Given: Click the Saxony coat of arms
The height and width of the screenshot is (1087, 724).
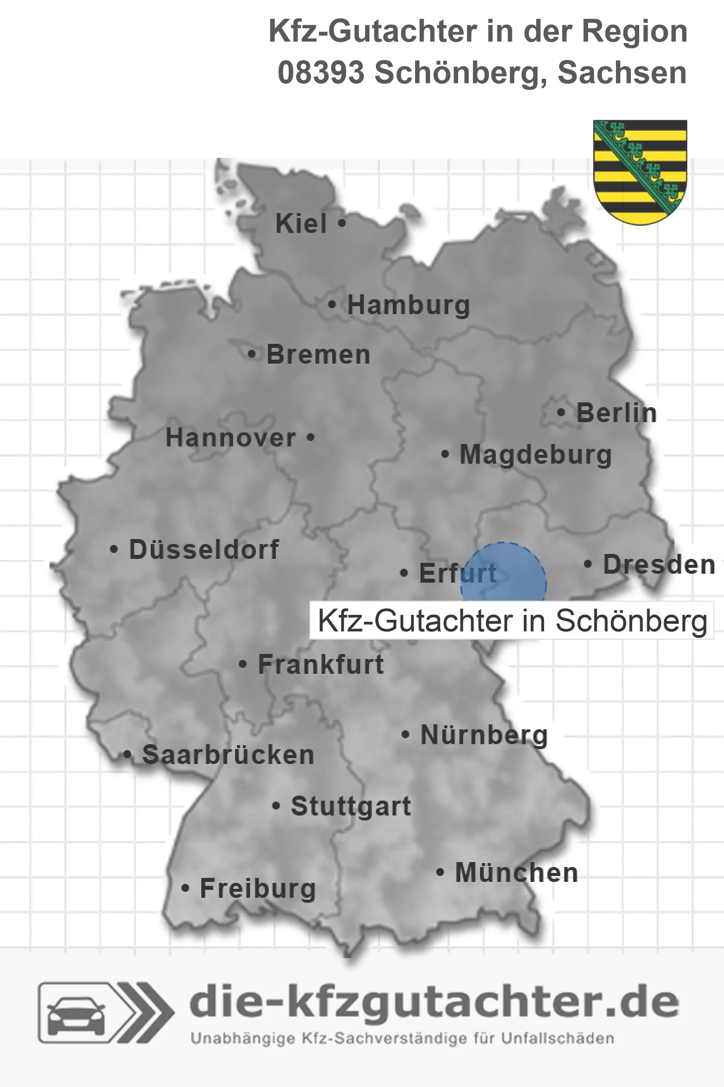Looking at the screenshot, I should point(640,171).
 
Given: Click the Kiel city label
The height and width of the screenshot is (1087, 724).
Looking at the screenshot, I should point(301,223).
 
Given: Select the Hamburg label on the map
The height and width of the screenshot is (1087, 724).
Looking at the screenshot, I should point(409,305).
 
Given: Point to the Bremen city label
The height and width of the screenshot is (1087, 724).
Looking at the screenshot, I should point(318,355).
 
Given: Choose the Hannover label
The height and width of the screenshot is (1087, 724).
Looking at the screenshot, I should point(231,437).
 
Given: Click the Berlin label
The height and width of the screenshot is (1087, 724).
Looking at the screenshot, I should point(616,413).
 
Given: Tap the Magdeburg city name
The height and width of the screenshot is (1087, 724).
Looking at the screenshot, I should point(536,454).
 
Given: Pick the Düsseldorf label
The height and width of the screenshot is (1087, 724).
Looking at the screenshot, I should point(204,549).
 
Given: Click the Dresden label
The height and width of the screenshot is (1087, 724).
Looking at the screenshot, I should point(659,564).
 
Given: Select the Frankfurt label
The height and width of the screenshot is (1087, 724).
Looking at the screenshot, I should point(321,664).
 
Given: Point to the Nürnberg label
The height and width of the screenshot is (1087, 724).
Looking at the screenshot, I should point(484,735).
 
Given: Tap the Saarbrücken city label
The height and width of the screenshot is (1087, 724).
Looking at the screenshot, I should point(228,755).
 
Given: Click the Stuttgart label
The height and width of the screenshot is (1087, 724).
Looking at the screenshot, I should point(351,806).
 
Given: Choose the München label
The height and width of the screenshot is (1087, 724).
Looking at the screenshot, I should point(516,872).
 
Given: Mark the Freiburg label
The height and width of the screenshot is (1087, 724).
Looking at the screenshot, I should point(257,888).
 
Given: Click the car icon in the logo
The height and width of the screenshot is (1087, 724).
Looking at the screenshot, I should point(76,1017).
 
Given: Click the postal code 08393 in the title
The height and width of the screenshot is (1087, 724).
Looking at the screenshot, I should point(321,73).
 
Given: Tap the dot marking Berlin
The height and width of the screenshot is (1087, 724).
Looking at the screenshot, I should point(561,412).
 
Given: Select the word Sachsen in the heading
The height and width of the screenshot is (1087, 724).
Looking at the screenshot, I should point(622,73).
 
